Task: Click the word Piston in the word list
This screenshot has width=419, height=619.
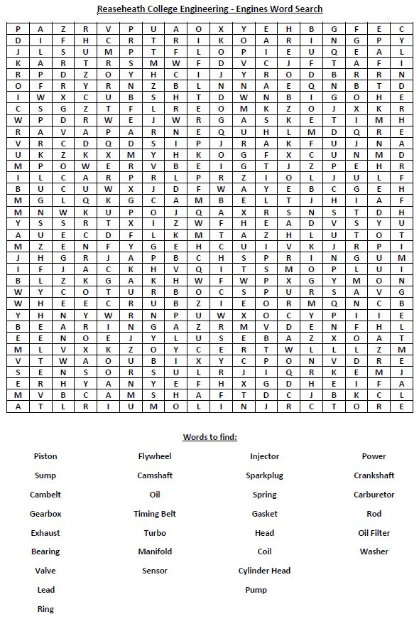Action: [45, 456]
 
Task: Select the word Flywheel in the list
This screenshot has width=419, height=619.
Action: [155, 456]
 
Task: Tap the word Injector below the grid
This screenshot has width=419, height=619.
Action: [264, 456]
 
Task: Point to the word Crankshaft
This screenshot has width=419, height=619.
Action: [374, 475]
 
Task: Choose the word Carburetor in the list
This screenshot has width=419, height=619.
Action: [374, 495]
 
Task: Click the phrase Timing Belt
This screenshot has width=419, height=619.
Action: [155, 514]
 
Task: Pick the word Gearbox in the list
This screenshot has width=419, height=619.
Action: [45, 514]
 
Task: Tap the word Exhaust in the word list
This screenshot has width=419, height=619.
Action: [45, 533]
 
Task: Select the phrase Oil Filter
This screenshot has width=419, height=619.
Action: [374, 533]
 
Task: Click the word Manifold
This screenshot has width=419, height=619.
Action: [155, 551]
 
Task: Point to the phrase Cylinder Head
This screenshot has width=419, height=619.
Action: [264, 571]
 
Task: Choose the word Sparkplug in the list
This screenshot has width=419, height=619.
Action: [264, 475]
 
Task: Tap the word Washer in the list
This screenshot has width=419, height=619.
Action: [374, 551]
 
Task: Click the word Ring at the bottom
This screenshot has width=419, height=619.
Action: [45, 609]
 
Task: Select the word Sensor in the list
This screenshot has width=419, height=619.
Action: [155, 571]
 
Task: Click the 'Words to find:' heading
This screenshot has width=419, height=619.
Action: [209, 437]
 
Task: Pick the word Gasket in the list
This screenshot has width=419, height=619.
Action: [264, 514]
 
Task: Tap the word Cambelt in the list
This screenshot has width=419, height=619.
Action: [45, 495]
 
